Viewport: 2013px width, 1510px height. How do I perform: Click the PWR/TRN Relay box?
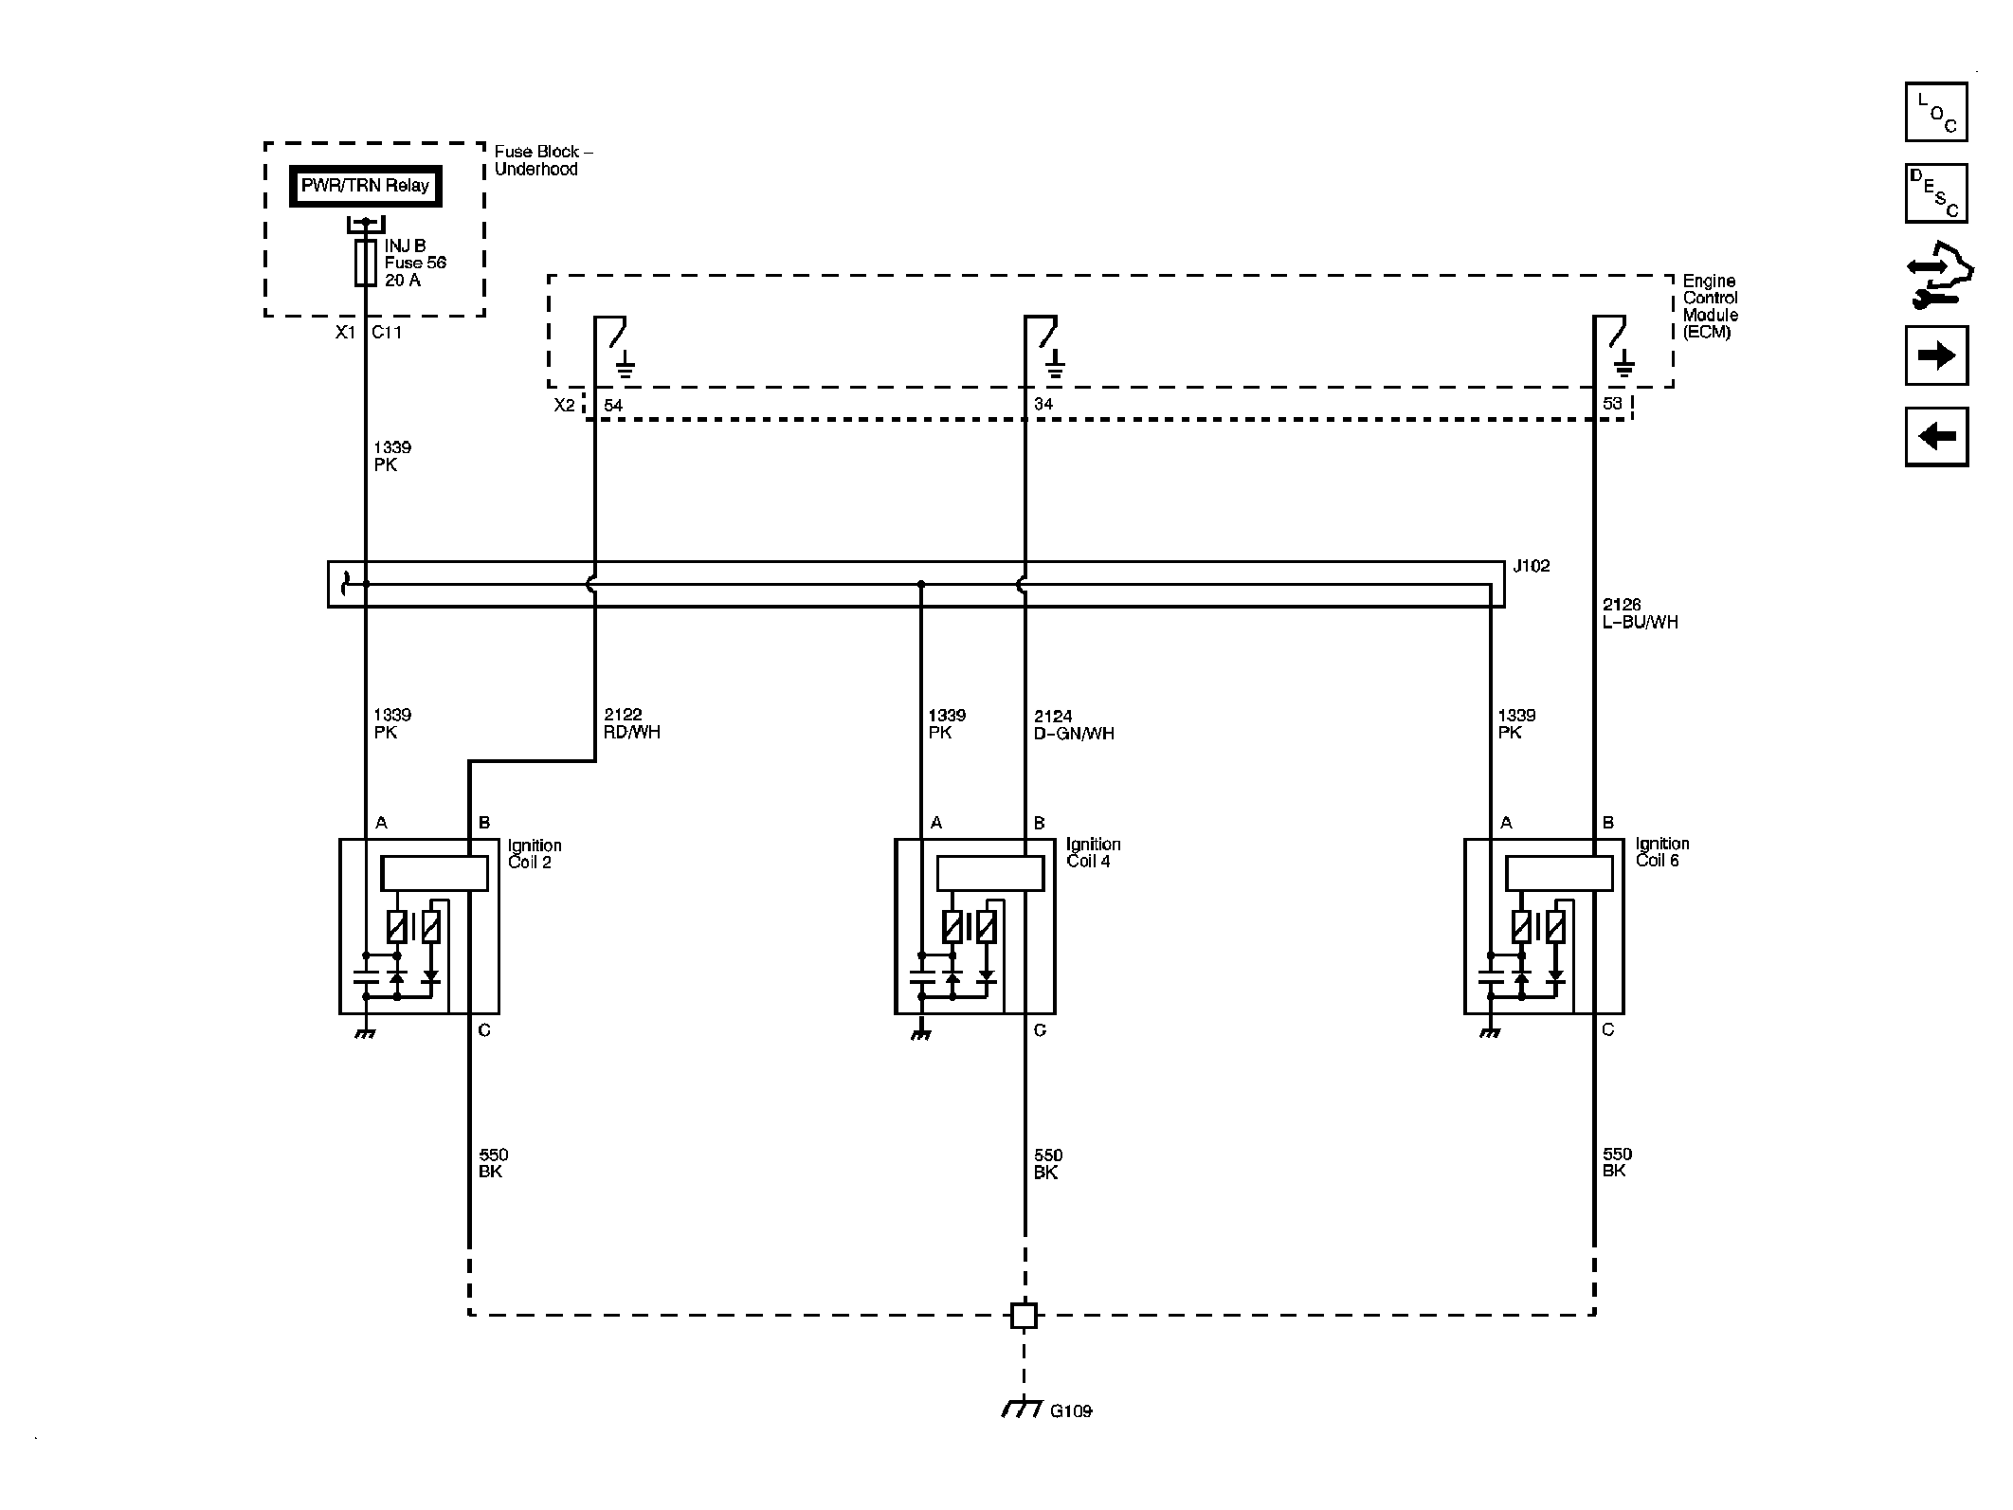[365, 186]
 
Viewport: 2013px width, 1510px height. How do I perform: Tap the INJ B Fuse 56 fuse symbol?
[366, 263]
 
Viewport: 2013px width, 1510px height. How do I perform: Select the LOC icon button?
[1936, 112]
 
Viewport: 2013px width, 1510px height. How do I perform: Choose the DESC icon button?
[1936, 193]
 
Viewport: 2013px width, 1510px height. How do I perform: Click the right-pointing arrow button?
[1936, 355]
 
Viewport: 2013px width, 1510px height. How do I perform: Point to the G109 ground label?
[1071, 1438]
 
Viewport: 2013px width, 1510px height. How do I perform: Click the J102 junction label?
[1531, 566]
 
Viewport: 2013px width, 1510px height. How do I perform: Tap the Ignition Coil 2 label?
[535, 853]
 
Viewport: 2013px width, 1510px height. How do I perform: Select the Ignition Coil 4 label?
[1093, 852]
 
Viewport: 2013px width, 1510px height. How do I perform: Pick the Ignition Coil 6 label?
[1661, 851]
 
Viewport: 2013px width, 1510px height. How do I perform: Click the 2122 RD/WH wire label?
[632, 723]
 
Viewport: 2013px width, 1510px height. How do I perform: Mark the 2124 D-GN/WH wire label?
[1074, 724]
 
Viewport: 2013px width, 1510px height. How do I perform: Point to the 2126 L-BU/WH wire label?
[1640, 613]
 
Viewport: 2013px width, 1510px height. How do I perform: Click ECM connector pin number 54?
[613, 406]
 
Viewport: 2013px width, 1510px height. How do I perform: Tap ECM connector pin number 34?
[1043, 405]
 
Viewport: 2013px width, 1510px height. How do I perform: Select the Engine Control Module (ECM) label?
[1710, 306]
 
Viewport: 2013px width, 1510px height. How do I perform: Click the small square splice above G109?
[1024, 1315]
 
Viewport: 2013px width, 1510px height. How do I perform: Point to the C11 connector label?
[387, 333]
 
